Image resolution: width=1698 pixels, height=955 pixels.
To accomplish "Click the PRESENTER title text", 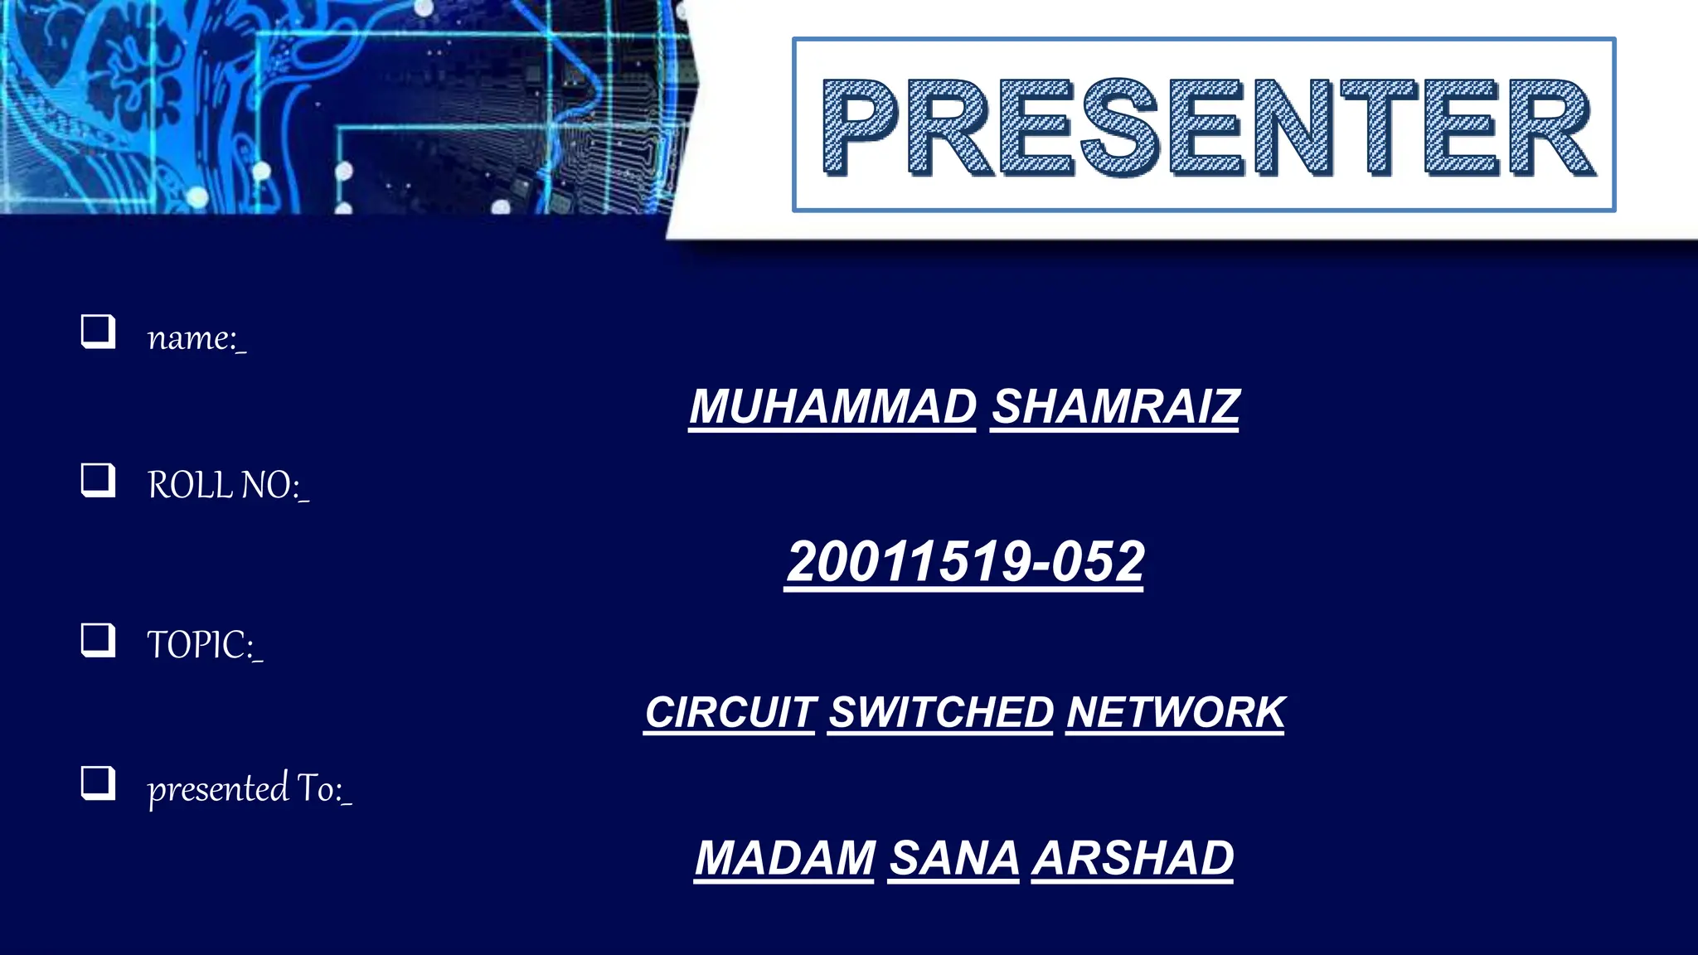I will pyautogui.click(x=1206, y=127).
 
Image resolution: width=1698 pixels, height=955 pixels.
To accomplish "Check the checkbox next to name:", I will pyautogui.click(x=98, y=332).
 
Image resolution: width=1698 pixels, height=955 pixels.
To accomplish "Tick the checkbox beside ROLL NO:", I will pyautogui.click(x=98, y=480).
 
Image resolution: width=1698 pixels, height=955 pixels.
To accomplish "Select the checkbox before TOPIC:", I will pyautogui.click(x=98, y=640).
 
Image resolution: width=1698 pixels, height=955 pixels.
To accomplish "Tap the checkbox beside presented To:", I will pyautogui.click(x=98, y=783).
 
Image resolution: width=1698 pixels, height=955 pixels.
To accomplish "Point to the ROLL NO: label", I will pyautogui.click(x=227, y=485).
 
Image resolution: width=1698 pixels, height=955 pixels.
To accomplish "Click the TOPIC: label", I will pyautogui.click(x=204, y=645).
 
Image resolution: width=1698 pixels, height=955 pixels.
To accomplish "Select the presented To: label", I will pyautogui.click(x=249, y=788).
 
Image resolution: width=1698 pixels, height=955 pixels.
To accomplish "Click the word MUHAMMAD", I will pyautogui.click(x=832, y=407).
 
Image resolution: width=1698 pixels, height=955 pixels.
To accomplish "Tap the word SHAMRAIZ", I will pyautogui.click(x=1115, y=407).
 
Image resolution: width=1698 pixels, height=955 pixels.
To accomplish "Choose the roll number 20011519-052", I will pyautogui.click(x=965, y=562).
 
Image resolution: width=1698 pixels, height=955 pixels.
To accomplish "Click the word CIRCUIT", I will pyautogui.click(x=730, y=713).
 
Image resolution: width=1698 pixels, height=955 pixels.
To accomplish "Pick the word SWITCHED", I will pyautogui.click(x=941, y=713).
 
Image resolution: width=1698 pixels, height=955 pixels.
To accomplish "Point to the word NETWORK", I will pyautogui.click(x=1176, y=713).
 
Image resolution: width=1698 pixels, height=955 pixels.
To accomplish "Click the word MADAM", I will pyautogui.click(x=784, y=858).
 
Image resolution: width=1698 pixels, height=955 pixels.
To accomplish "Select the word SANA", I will pyautogui.click(x=954, y=858).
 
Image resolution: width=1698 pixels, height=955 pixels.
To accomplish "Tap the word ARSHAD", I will pyautogui.click(x=1133, y=858).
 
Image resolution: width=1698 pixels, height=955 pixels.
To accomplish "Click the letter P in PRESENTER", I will pyautogui.click(x=860, y=127).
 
